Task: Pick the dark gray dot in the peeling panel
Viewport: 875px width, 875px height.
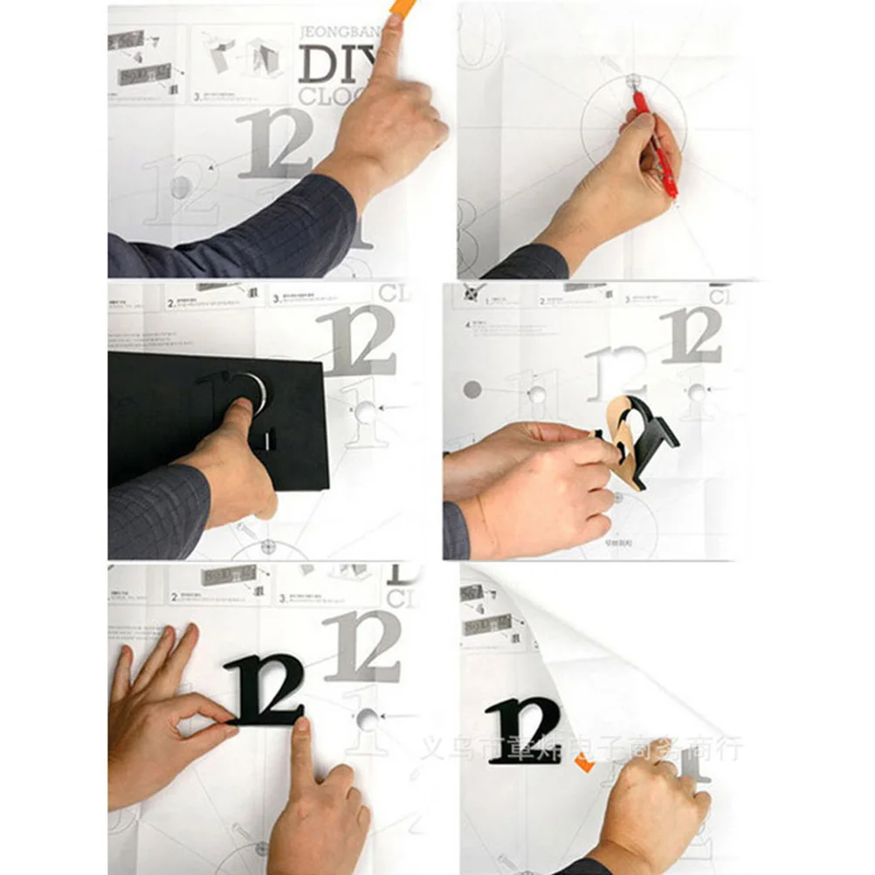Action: [x=472, y=389]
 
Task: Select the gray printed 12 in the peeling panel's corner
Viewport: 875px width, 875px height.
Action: [x=692, y=334]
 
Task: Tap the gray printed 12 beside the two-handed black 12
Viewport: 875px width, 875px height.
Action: [x=362, y=646]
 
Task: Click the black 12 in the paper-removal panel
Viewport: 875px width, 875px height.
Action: [x=524, y=729]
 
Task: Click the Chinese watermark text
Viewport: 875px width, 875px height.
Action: [x=581, y=748]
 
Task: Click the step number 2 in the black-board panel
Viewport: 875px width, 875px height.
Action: [x=171, y=304]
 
